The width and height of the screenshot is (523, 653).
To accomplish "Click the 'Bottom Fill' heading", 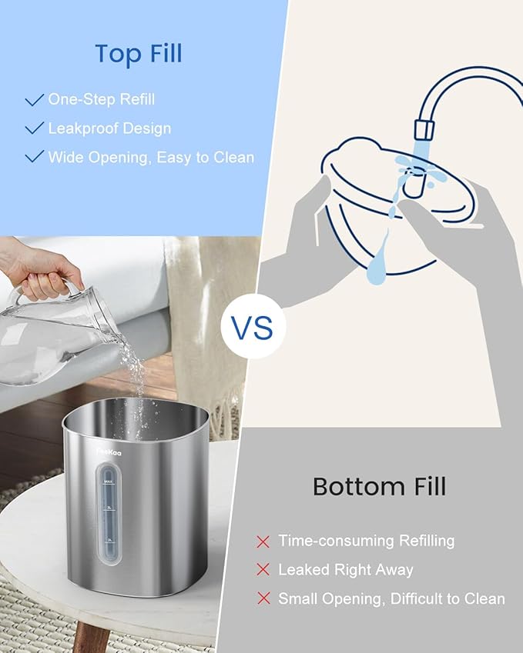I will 379,486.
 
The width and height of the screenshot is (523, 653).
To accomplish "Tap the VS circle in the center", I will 253,328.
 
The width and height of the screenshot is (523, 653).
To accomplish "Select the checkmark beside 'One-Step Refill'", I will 34,100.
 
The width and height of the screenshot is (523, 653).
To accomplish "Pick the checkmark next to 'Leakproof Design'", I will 34,128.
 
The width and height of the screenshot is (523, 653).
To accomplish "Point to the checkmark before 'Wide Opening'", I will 34,157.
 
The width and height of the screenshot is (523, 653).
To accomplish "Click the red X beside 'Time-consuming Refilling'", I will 263,541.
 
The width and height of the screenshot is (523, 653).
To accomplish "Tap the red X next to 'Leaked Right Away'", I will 263,570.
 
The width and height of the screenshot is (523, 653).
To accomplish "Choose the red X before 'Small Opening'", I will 263,598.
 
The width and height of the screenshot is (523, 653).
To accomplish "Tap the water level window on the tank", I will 110,523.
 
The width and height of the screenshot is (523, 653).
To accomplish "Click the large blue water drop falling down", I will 377,262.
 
